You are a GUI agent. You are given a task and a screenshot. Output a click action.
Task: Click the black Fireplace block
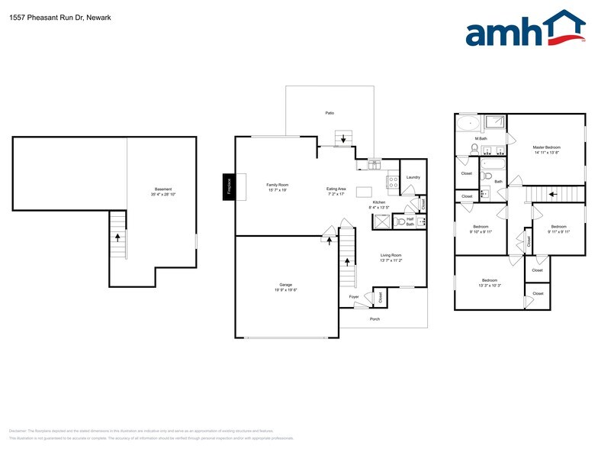227,185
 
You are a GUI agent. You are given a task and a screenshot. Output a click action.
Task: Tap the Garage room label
286,285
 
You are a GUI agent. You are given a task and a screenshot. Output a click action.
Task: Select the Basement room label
162,189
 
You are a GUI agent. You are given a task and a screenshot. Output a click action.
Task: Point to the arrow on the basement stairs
117,237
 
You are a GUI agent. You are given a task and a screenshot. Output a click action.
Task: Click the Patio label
330,113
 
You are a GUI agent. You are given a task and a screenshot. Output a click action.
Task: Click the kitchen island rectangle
364,190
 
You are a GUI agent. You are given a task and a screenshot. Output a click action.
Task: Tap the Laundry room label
413,177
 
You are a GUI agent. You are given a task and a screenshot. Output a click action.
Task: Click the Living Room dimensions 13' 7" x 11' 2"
391,260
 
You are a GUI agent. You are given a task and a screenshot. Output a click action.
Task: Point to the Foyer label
354,296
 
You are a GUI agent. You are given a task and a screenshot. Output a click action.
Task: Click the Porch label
375,319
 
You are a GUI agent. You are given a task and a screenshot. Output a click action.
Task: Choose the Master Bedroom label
547,147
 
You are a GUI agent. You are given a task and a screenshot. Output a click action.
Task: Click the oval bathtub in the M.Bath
468,123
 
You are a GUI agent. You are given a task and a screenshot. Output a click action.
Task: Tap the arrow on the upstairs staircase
551,194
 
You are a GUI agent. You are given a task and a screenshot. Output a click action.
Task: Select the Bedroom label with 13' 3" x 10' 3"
488,280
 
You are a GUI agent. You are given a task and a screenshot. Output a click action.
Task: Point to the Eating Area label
336,189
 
